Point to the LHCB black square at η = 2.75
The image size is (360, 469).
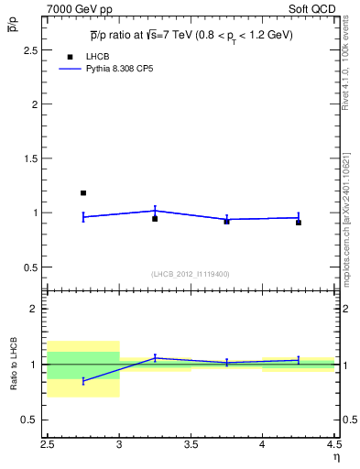coord(83,193)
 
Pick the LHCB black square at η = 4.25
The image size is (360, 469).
coord(299,223)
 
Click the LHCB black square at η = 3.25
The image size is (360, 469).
coord(155,219)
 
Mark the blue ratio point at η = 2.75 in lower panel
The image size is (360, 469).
coord(83,381)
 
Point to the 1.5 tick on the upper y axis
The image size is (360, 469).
coord(33,158)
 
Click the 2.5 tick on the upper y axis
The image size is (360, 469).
coord(33,50)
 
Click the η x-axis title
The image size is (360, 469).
coord(335,458)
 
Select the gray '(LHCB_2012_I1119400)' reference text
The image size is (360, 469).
coord(190,274)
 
